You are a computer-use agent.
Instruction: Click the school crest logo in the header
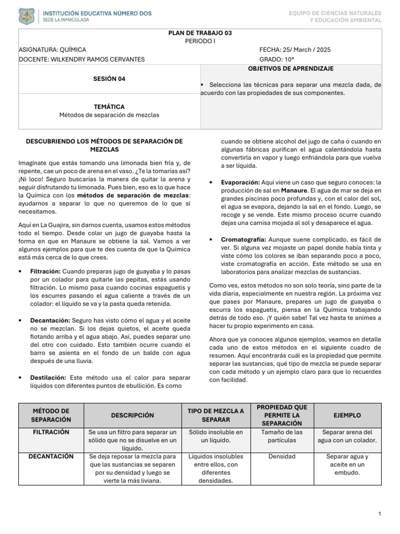click(x=27, y=16)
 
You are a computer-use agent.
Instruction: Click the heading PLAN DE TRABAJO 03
click(x=200, y=33)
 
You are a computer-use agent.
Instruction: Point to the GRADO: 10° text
click(x=277, y=59)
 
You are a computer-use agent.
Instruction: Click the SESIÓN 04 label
click(x=109, y=79)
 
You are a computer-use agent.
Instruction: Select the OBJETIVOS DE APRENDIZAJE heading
click(x=291, y=69)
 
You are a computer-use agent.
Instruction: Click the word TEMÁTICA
click(x=109, y=106)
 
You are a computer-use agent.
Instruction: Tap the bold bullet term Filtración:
click(x=46, y=272)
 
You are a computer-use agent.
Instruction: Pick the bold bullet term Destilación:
click(x=48, y=378)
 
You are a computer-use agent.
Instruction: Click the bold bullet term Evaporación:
click(x=240, y=183)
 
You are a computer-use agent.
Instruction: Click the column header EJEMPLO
click(x=347, y=415)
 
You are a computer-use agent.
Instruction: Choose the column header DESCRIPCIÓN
click(x=132, y=415)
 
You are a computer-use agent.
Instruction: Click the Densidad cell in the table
click(x=282, y=456)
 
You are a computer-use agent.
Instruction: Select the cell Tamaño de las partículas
click(x=282, y=436)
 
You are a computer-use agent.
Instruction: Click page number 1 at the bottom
click(x=380, y=515)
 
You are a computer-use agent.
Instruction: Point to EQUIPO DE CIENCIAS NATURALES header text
click(x=335, y=13)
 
